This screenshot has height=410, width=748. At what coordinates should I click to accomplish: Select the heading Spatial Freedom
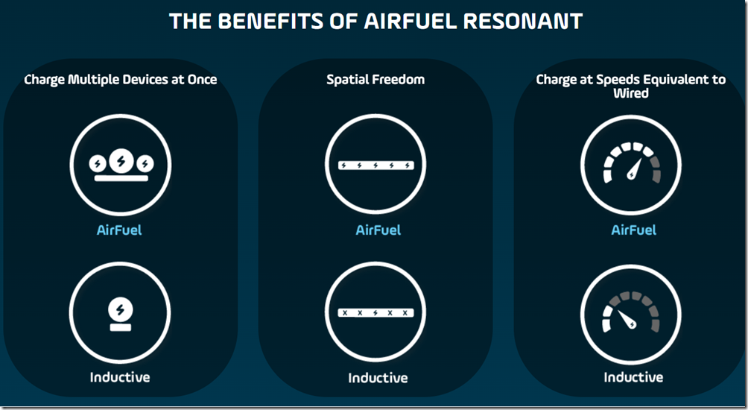tap(375, 79)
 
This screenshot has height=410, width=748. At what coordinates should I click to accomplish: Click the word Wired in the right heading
tap(631, 93)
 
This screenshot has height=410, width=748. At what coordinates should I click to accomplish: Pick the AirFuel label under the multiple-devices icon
tap(119, 230)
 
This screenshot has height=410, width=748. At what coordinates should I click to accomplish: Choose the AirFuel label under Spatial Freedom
tap(378, 230)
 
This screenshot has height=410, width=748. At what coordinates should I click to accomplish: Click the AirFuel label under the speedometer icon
tap(633, 230)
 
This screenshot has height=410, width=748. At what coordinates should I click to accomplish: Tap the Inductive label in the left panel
tap(120, 376)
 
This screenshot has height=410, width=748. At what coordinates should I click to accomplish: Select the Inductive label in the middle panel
tap(378, 377)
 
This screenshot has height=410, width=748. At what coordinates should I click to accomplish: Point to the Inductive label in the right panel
tap(633, 376)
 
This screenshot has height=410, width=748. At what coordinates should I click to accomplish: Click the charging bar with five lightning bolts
tap(375, 165)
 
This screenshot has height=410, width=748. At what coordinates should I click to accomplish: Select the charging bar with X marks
tap(375, 313)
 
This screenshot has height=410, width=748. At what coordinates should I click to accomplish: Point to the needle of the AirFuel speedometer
tap(636, 170)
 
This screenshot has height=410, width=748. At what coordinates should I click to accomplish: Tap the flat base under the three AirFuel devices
tap(120, 179)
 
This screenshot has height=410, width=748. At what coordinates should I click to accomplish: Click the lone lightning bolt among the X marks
tap(375, 313)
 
